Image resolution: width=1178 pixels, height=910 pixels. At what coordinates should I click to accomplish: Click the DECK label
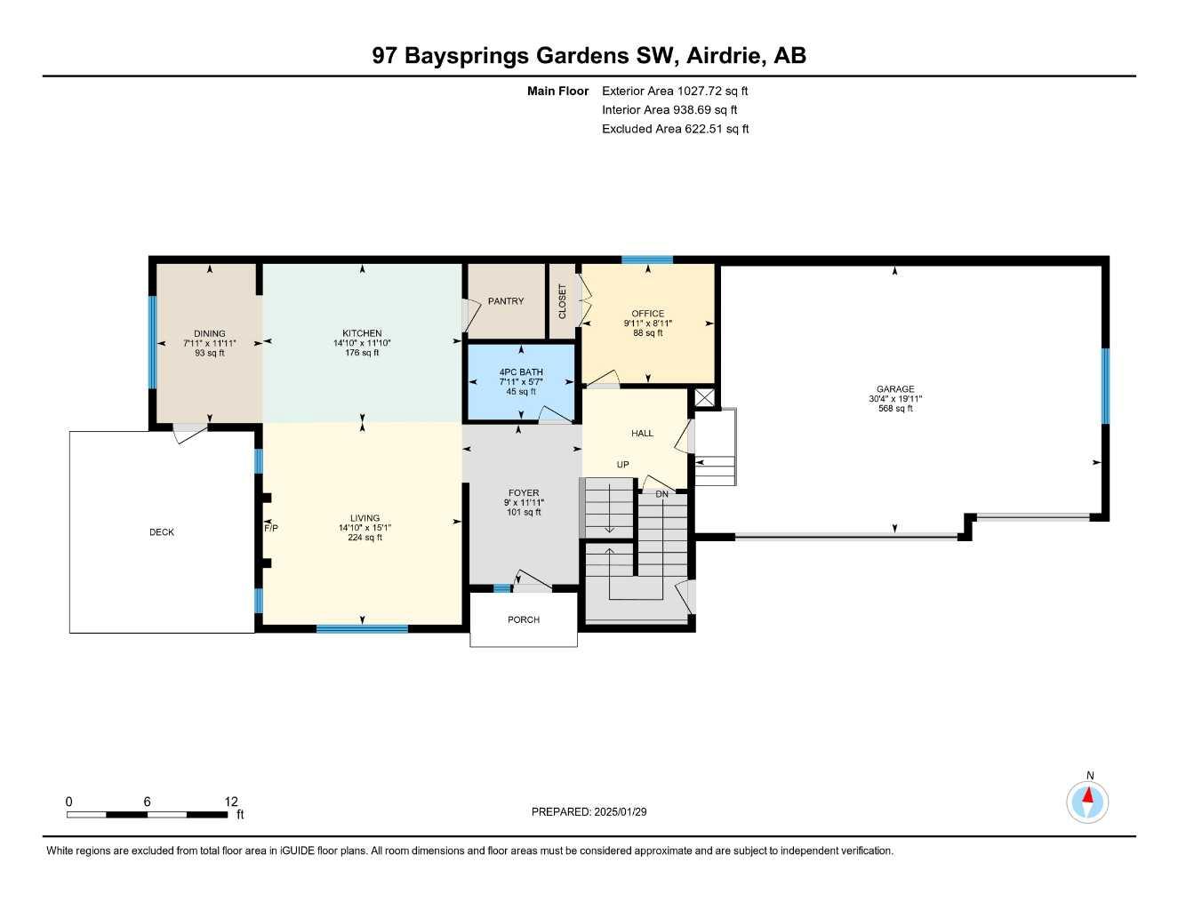pyautogui.click(x=162, y=532)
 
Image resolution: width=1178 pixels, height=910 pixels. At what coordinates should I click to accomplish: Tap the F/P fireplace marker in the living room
pyautogui.click(x=271, y=529)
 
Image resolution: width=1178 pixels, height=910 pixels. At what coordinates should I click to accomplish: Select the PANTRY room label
pyautogui.click(x=506, y=301)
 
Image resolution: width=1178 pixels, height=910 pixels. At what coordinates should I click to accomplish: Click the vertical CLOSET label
pyautogui.click(x=562, y=301)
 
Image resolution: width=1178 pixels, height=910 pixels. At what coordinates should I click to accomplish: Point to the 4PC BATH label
pyautogui.click(x=521, y=372)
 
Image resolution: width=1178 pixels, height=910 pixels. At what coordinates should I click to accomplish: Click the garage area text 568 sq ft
pyautogui.click(x=895, y=409)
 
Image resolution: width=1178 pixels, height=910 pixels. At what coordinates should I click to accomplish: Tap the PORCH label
pyautogui.click(x=524, y=620)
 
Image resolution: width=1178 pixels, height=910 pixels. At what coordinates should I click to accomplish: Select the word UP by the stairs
pyautogui.click(x=623, y=465)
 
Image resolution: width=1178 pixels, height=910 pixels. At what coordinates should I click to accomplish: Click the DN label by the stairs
pyautogui.click(x=661, y=494)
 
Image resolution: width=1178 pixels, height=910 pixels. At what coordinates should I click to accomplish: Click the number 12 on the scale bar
pyautogui.click(x=231, y=802)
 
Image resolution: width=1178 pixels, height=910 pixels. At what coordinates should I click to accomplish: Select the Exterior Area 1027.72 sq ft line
pyautogui.click(x=675, y=91)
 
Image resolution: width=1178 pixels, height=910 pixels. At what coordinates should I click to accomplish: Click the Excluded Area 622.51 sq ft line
pyautogui.click(x=675, y=129)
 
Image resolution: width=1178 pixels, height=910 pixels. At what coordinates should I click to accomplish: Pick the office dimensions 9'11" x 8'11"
pyautogui.click(x=648, y=323)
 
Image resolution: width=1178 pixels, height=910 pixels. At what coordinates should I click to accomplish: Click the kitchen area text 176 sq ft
pyautogui.click(x=363, y=353)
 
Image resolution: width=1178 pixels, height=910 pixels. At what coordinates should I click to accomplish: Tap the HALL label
pyautogui.click(x=642, y=434)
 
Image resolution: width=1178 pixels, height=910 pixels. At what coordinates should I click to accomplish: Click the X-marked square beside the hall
pyautogui.click(x=704, y=397)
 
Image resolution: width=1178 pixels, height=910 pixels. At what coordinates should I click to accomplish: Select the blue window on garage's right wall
pyautogui.click(x=1105, y=386)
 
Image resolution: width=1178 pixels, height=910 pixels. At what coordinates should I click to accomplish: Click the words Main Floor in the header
pyautogui.click(x=557, y=91)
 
